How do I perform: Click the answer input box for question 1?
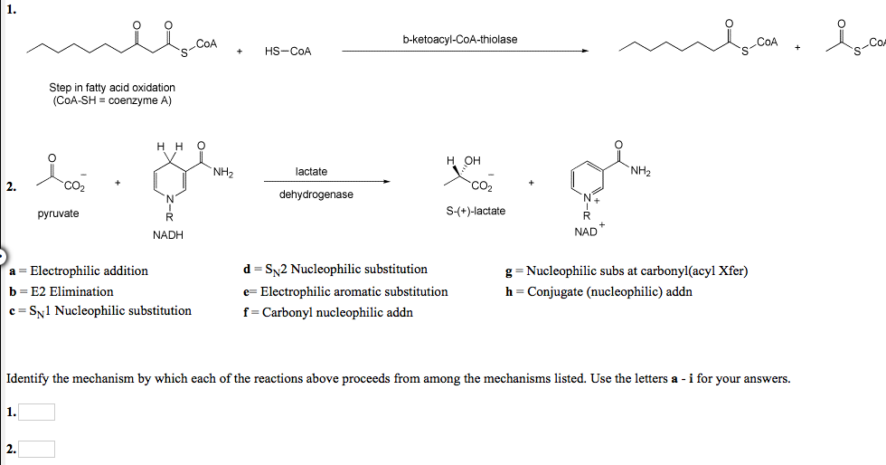pyautogui.click(x=36, y=413)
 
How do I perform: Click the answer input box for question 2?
pyautogui.click(x=36, y=449)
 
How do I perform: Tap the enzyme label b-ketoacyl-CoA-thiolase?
pyautogui.click(x=460, y=40)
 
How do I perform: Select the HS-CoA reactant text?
pyautogui.click(x=287, y=52)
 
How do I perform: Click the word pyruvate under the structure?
pyautogui.click(x=58, y=214)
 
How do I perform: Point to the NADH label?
pyautogui.click(x=168, y=235)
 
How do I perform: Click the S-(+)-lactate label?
pyautogui.click(x=476, y=211)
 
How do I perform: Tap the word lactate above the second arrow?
pyautogui.click(x=311, y=171)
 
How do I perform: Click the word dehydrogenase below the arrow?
pyautogui.click(x=316, y=195)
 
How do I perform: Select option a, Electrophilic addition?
pyautogui.click(x=79, y=270)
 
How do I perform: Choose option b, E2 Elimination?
pyautogui.click(x=61, y=291)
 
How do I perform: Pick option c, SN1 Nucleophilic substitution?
pyautogui.click(x=100, y=311)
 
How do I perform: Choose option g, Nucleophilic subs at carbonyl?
pyautogui.click(x=627, y=270)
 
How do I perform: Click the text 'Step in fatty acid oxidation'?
pyautogui.click(x=112, y=88)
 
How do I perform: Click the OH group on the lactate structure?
pyautogui.click(x=472, y=161)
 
